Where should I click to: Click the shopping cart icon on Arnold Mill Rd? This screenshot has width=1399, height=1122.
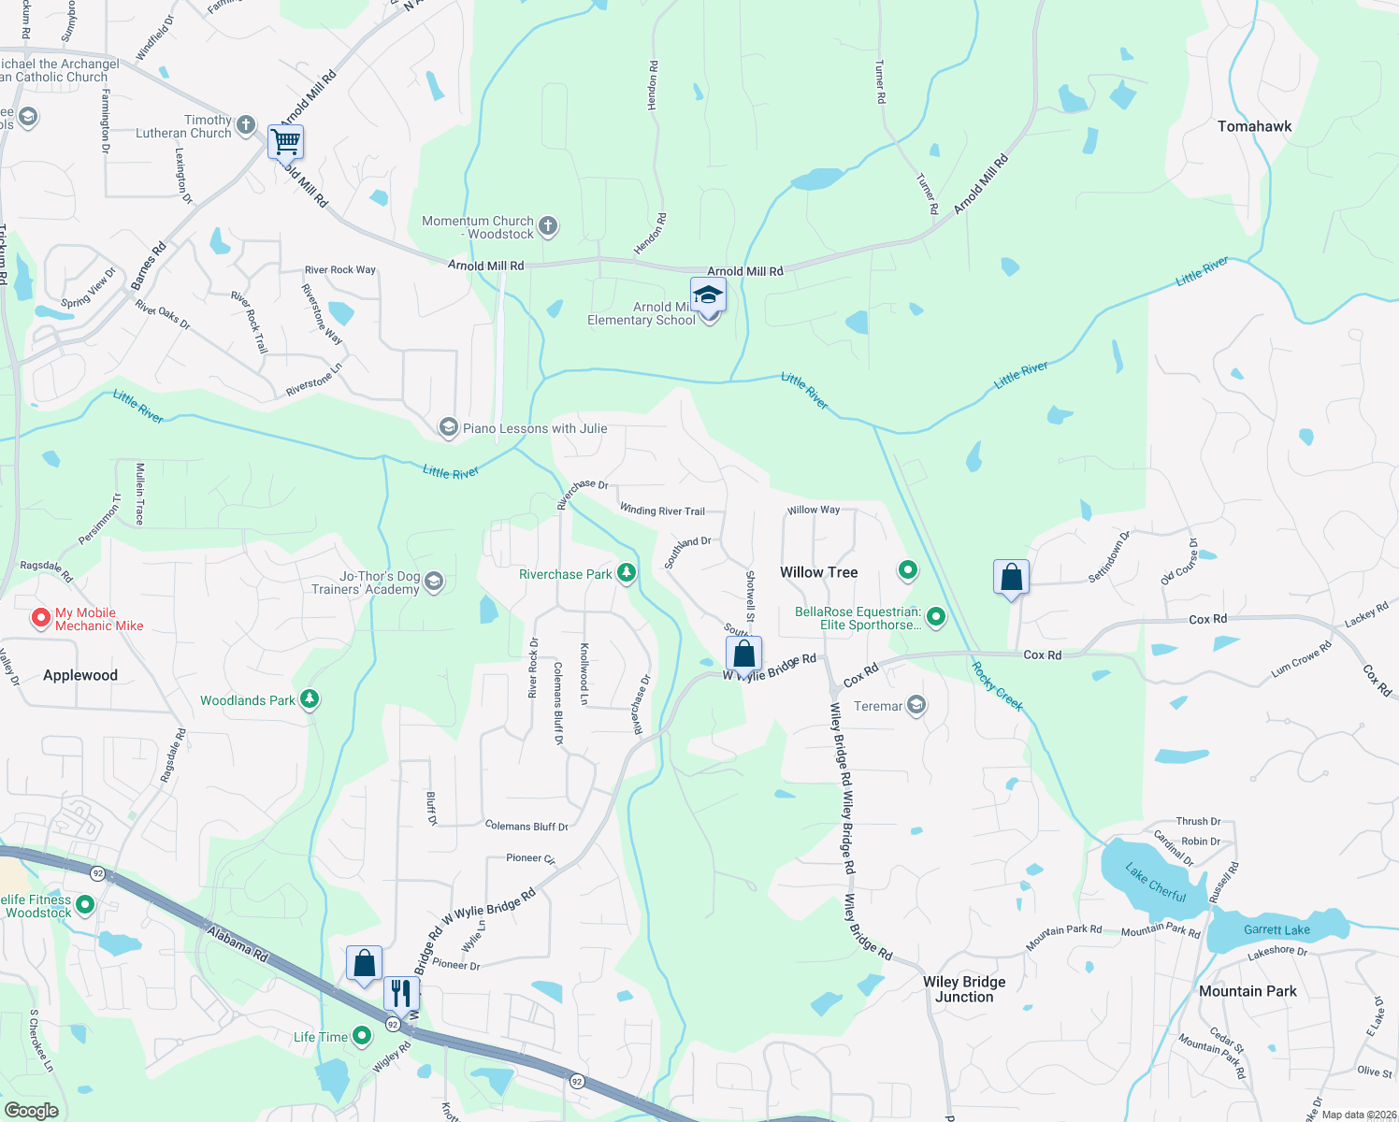(x=286, y=143)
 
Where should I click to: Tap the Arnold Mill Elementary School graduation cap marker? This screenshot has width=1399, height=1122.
(x=708, y=295)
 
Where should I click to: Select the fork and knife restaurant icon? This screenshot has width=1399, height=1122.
(x=401, y=993)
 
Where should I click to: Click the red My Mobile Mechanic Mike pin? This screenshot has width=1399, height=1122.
(x=40, y=618)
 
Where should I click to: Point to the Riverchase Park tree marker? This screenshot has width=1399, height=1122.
(x=627, y=573)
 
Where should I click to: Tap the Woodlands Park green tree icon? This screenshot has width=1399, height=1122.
(x=310, y=699)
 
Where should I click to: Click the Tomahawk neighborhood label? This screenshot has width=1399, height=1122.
(x=1254, y=126)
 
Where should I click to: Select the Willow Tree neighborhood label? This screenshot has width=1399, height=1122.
(x=818, y=572)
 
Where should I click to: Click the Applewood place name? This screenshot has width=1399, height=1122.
(x=80, y=675)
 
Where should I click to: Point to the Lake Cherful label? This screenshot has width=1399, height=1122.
(x=1155, y=883)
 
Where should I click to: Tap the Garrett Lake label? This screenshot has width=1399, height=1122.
(x=1276, y=929)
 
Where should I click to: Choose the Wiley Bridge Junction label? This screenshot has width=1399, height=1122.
(x=964, y=989)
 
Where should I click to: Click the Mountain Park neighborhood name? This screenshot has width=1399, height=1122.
(x=1248, y=991)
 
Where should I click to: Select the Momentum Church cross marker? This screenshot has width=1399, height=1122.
(x=548, y=225)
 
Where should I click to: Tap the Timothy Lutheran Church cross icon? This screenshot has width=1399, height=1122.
(x=245, y=124)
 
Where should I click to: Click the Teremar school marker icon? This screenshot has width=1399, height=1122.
(x=916, y=705)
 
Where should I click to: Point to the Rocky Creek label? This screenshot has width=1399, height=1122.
(x=997, y=686)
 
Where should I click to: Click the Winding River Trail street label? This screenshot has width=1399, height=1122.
(x=662, y=511)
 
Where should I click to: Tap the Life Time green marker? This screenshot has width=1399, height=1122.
(x=362, y=1036)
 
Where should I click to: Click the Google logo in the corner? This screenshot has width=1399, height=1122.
(x=31, y=1111)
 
